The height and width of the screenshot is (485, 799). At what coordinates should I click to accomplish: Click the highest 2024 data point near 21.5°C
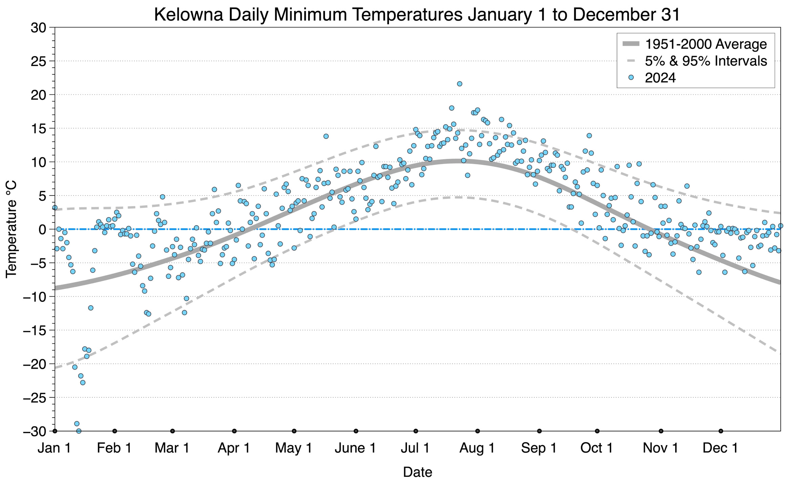tap(459, 84)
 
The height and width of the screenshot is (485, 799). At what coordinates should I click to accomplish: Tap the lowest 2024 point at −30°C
tap(79, 431)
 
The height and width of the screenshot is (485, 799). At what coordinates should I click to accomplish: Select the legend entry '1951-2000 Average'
tap(706, 44)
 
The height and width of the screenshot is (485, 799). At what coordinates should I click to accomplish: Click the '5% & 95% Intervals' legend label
tap(706, 61)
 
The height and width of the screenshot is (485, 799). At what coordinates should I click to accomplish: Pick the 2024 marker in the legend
tap(631, 78)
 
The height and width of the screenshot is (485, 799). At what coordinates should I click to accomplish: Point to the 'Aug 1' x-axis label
tap(477, 448)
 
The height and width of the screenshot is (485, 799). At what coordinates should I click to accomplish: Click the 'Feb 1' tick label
tap(114, 448)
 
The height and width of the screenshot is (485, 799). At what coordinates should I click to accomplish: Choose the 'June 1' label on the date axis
tap(355, 448)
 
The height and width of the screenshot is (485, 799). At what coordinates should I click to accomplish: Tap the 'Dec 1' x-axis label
tap(720, 448)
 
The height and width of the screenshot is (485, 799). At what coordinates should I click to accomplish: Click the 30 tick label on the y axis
tap(38, 28)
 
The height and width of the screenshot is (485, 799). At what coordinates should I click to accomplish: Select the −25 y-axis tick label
tap(34, 398)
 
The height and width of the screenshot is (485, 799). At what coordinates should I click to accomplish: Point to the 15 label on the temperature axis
tap(38, 128)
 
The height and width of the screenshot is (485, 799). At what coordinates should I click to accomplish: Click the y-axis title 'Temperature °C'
tap(11, 229)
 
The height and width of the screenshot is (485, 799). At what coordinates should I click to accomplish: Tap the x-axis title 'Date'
tap(417, 472)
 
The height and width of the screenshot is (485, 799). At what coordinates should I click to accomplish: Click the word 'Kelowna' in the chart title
tap(189, 15)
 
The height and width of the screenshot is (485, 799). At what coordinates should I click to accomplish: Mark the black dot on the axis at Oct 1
tap(597, 431)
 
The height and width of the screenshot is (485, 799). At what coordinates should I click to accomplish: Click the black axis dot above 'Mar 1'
tap(172, 431)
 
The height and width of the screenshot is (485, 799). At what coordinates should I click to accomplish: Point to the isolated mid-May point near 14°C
tap(326, 136)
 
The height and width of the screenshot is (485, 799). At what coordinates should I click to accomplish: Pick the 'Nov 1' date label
tap(661, 448)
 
